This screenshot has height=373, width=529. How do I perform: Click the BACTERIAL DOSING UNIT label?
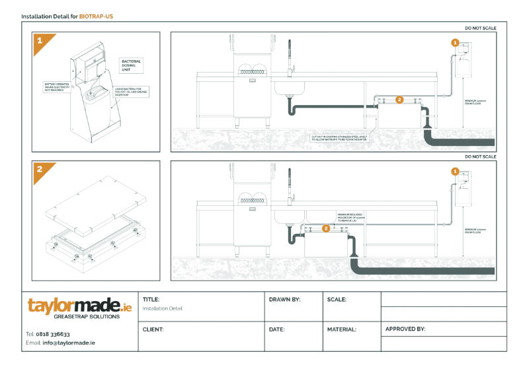click(x=131, y=65)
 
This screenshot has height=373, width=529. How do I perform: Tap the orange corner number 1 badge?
click(x=39, y=40)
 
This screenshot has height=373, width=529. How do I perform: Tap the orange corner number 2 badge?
click(x=39, y=169)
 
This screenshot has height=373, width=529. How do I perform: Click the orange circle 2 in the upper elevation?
click(x=399, y=100)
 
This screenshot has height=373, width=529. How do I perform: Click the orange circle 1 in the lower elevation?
click(x=455, y=171)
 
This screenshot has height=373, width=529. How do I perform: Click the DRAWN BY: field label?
click(x=284, y=300)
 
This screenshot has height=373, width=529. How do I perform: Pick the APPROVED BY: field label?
click(x=405, y=329)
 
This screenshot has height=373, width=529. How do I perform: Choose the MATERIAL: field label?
click(x=341, y=329)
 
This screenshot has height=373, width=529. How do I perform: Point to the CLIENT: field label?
click(x=153, y=329)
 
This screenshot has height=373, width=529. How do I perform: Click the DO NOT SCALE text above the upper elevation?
click(x=480, y=28)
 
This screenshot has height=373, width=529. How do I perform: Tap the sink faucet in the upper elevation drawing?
click(x=288, y=56)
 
